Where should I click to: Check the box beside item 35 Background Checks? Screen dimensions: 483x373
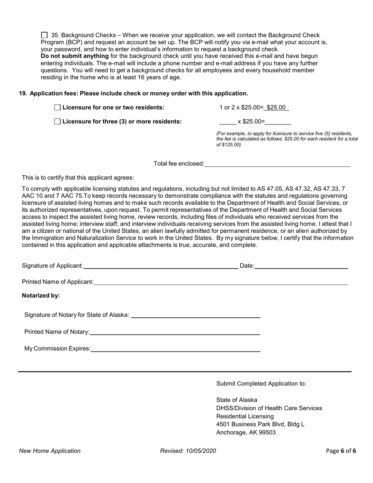(44, 35)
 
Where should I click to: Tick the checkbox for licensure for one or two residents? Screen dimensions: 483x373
(57, 108)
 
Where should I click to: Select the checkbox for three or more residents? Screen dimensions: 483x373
(57, 122)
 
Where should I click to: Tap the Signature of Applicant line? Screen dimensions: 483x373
(160, 266)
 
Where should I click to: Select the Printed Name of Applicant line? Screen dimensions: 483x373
(221, 282)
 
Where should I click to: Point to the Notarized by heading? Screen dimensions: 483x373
(41, 296)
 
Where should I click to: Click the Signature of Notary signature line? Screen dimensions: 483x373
(195, 315)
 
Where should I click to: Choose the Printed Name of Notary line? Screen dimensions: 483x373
(175, 332)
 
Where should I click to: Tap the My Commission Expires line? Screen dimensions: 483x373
(175, 349)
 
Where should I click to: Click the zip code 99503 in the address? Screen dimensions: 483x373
(267, 432)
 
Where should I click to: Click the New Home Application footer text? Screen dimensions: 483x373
(50, 451)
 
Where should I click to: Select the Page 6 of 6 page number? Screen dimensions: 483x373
(341, 451)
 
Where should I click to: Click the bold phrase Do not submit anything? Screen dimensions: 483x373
(75, 56)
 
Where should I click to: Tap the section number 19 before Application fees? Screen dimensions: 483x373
(23, 93)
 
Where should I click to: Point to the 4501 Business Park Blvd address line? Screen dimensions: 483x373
(260, 424)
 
